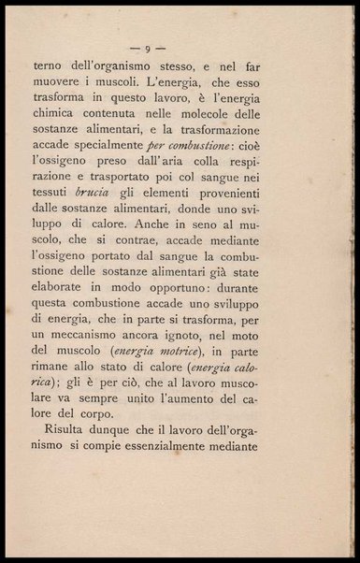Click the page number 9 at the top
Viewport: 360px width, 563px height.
coord(145,47)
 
